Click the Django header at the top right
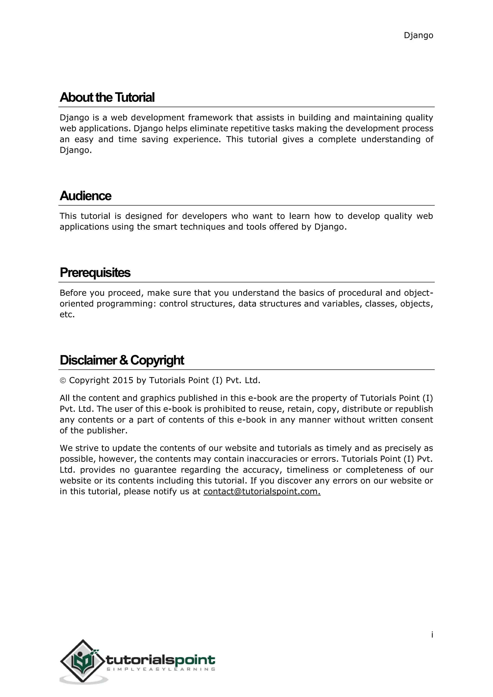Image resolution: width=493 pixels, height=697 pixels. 418,36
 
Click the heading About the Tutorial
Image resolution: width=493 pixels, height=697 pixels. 107,97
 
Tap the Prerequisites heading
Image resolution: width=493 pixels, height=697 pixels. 95,273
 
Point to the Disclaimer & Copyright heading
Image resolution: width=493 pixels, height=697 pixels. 122,360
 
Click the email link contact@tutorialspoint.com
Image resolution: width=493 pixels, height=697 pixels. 262,491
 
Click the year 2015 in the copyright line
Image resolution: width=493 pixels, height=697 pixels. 123,380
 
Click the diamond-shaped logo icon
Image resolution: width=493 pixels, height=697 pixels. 82,661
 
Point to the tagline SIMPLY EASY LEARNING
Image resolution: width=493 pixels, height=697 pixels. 161,669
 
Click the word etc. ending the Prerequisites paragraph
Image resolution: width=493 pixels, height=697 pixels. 67,315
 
